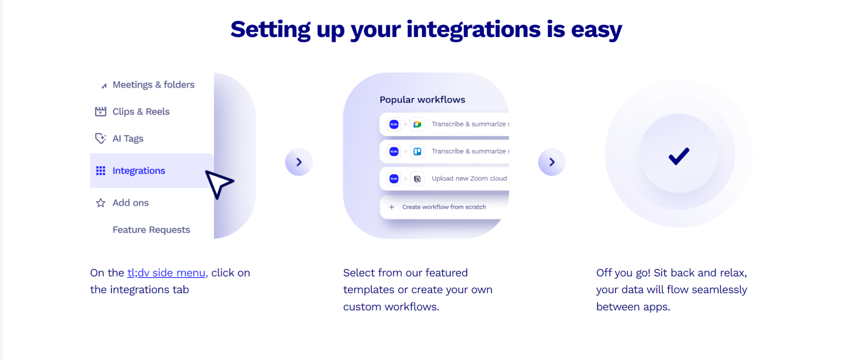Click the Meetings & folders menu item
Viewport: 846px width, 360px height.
pyautogui.click(x=153, y=85)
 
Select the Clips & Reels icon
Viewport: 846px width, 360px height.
pyautogui.click(x=101, y=112)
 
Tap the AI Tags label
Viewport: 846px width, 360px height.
pyautogui.click(x=128, y=139)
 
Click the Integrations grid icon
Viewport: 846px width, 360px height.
pyautogui.click(x=101, y=171)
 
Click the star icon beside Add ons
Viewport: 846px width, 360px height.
pyautogui.click(x=101, y=203)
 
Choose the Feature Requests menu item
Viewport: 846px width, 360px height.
pyautogui.click(x=151, y=230)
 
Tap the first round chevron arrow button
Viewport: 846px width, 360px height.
pyautogui.click(x=299, y=162)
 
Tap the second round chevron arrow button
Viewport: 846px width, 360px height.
pyautogui.click(x=552, y=162)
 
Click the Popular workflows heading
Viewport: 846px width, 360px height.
pyautogui.click(x=422, y=100)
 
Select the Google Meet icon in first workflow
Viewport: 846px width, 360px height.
pyautogui.click(x=417, y=124)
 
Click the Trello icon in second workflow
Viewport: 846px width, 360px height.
pyautogui.click(x=417, y=152)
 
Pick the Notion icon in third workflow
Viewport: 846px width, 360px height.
pyautogui.click(x=417, y=179)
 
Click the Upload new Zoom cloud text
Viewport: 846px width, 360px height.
pyautogui.click(x=469, y=179)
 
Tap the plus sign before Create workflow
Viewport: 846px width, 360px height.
pyautogui.click(x=391, y=207)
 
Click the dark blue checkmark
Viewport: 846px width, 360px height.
pyautogui.click(x=679, y=156)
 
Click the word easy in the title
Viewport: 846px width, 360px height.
pyautogui.click(x=596, y=30)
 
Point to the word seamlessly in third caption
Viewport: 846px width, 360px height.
pyautogui.click(x=719, y=290)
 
